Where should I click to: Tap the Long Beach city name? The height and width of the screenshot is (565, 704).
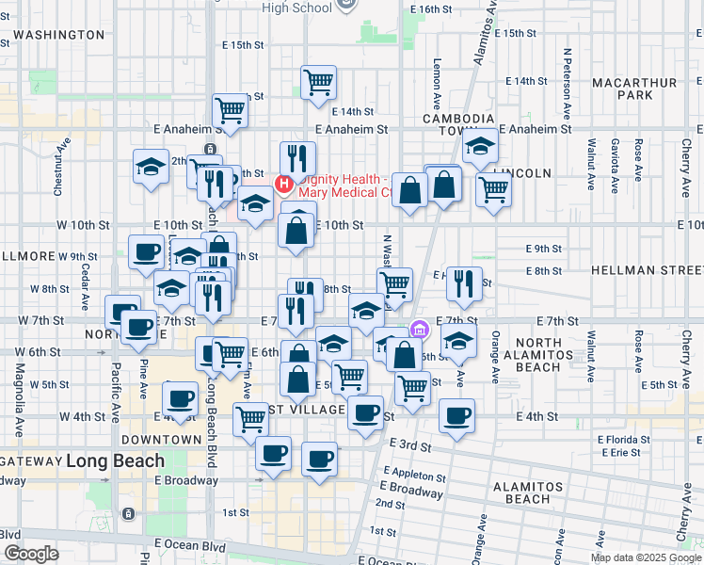coord(116,461)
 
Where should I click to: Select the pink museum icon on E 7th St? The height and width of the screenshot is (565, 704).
coord(420,331)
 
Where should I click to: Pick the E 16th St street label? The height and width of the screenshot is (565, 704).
coord(432,8)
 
